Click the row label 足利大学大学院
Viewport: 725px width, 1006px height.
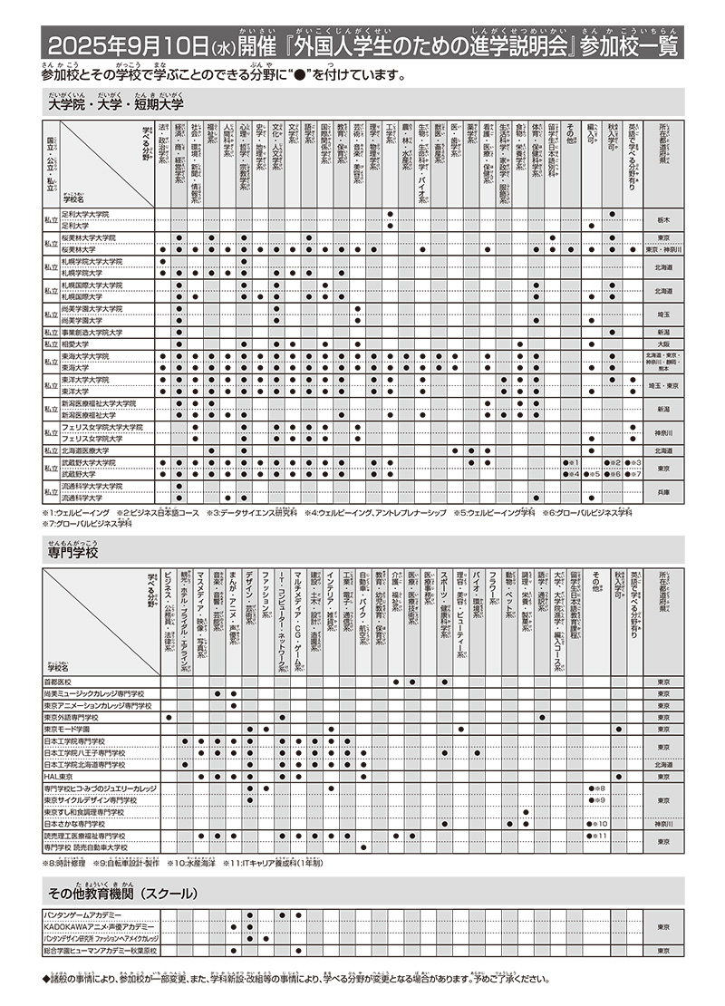(85, 214)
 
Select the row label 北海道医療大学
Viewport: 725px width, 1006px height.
(85, 450)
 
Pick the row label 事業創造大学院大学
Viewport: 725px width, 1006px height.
(91, 333)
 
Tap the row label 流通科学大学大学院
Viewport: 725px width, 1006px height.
(91, 486)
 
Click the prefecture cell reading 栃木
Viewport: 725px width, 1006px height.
(662, 219)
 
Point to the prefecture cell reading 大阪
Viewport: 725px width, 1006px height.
(662, 344)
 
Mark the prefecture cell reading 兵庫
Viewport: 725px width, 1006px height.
(662, 491)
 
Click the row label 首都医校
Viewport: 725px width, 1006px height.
(57, 682)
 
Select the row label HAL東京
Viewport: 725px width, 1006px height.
(59, 777)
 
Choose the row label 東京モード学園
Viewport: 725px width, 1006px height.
(67, 729)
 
